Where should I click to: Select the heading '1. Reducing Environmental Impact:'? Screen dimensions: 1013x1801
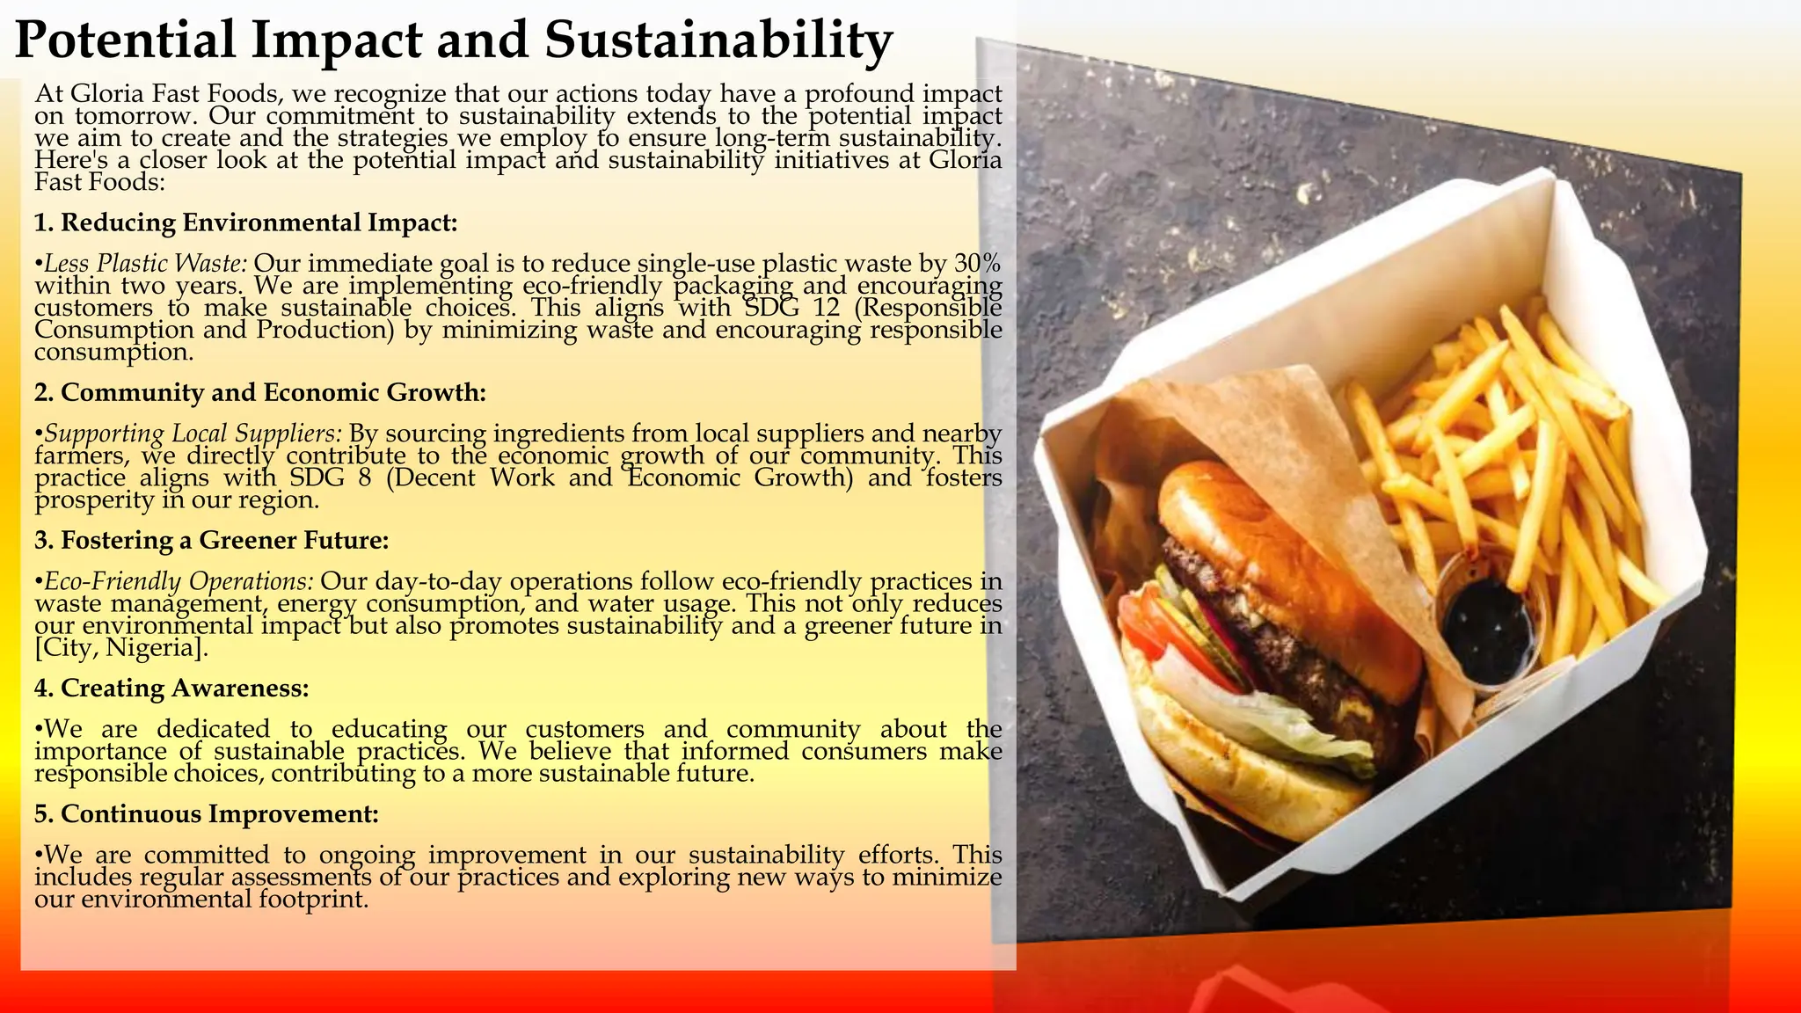coord(245,222)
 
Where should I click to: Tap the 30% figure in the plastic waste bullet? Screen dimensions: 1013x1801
coord(977,264)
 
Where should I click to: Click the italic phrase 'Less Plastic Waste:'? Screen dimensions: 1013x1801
coord(146,264)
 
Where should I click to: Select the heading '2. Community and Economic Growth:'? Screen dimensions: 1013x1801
coord(259,392)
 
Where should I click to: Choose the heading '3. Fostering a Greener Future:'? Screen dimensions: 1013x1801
coord(211,540)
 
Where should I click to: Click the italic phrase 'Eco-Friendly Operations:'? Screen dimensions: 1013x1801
coord(179,581)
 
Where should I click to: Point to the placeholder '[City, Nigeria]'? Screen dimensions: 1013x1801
coord(121,648)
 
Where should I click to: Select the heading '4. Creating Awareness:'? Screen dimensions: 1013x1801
coord(171,688)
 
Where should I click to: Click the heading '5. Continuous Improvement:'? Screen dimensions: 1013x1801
coord(206,814)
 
